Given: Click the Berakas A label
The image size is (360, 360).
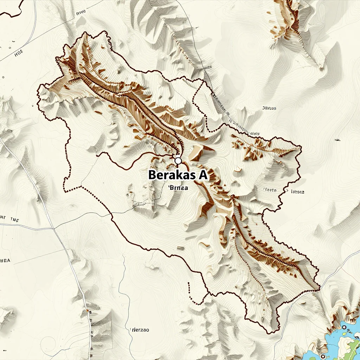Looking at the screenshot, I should tap(178, 175).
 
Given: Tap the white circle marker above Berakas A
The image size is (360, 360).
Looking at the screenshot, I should tap(178, 161).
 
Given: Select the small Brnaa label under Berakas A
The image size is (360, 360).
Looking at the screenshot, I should tap(178, 188).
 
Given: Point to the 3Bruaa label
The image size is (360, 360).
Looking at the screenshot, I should tap(269, 108).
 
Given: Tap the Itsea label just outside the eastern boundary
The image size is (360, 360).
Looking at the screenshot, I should tap(297, 192).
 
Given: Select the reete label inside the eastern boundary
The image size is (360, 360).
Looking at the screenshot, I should tap(269, 190).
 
